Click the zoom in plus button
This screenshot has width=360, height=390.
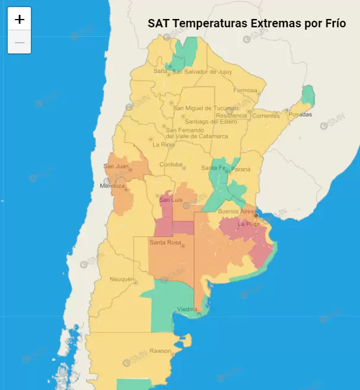tap(20, 19)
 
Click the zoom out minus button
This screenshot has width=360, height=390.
tap(20, 43)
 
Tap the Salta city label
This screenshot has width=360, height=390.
tap(160, 71)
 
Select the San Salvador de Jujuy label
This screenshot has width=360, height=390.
tap(202, 72)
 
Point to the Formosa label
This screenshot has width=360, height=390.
tap(245, 91)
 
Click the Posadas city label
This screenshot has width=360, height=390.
tap(300, 115)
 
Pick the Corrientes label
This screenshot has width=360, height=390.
tap(266, 116)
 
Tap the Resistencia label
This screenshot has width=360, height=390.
tap(231, 115)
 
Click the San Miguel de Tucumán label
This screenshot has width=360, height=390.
tap(200, 107)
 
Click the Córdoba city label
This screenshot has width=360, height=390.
tap(171, 164)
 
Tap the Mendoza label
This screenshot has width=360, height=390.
tap(112, 186)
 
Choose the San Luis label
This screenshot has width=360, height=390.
tap(170, 200)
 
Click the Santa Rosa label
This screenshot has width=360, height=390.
tap(165, 242)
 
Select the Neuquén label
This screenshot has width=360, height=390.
tap(122, 279)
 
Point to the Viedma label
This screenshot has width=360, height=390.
tap(187, 309)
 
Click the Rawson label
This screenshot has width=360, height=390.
tap(160, 350)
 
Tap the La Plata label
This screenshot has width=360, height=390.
tap(249, 224)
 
